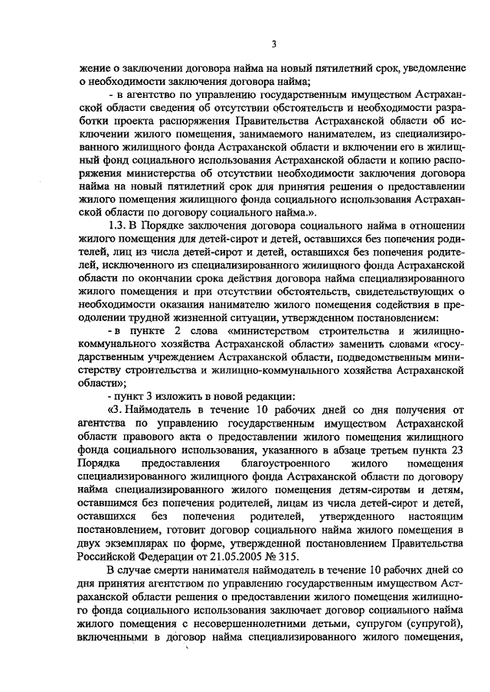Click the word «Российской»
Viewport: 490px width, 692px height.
(x=109, y=557)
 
